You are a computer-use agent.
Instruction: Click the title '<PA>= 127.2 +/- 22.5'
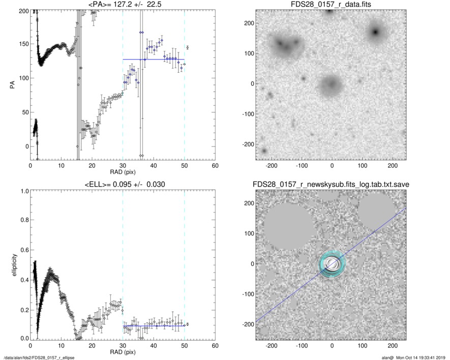(123, 5)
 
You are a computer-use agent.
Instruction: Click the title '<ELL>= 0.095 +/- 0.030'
(123, 184)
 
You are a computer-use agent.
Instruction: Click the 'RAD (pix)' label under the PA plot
(123, 173)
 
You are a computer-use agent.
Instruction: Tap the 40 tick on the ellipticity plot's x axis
(154, 346)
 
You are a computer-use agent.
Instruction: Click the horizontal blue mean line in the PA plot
(153, 59)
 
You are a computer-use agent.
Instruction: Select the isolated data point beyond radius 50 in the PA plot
(188, 48)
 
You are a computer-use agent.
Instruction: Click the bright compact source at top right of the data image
(376, 32)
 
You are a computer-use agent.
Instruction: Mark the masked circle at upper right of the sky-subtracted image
(377, 213)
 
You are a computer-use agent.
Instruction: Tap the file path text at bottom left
(39, 357)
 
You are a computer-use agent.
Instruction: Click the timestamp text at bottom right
(417, 357)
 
